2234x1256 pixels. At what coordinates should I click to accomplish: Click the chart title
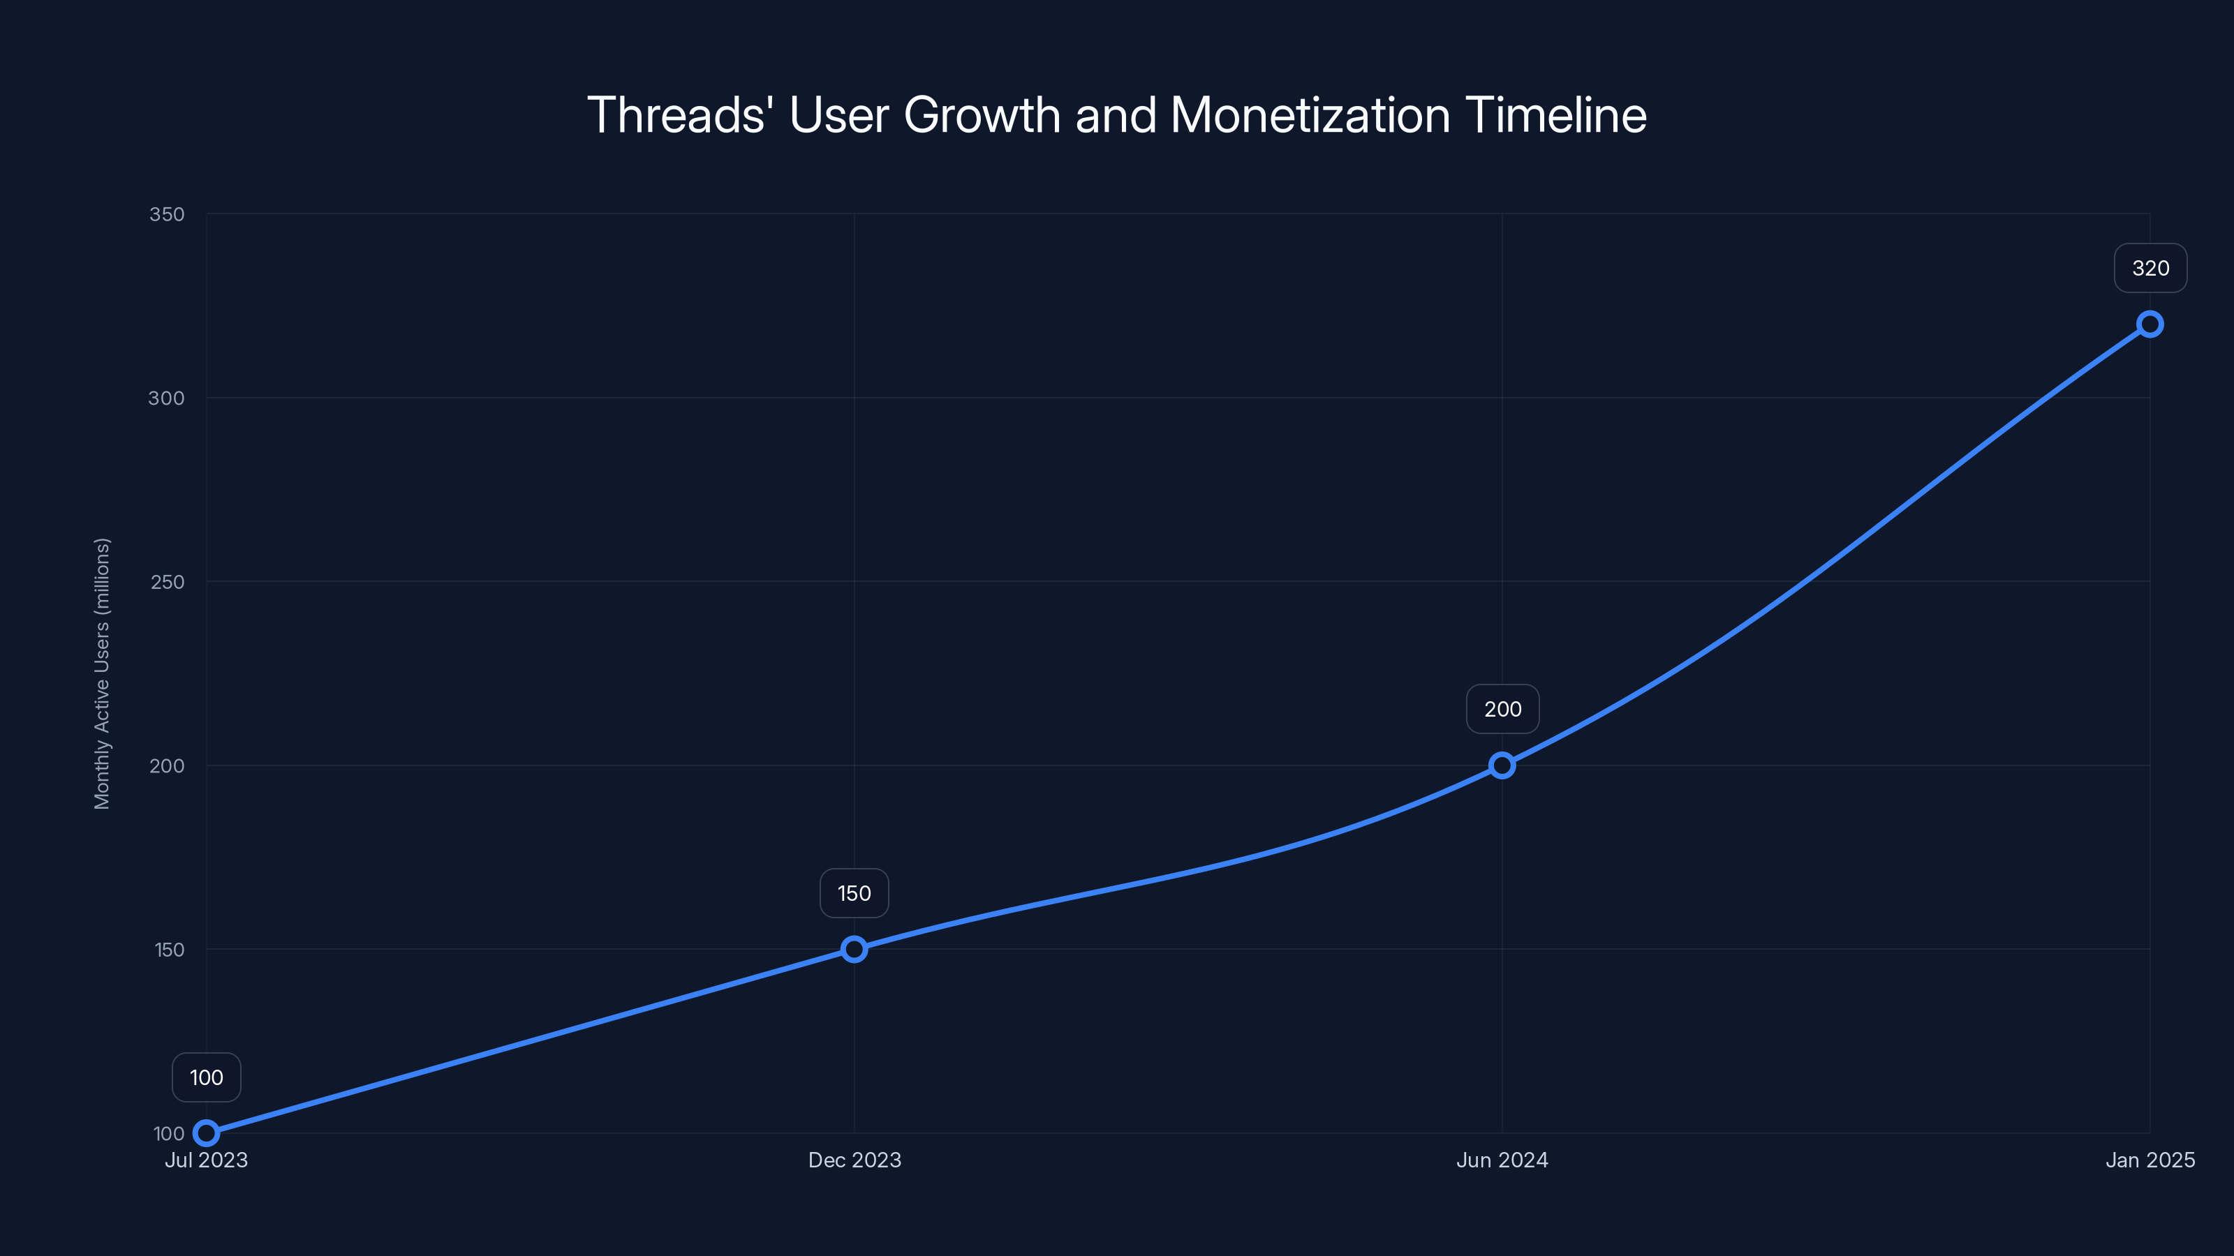1116,114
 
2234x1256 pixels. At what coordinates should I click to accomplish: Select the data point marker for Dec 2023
855,948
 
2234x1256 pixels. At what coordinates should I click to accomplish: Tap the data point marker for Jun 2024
1502,765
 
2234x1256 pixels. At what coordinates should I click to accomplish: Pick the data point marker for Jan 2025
2150,324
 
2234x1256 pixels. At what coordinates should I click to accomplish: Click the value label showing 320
2150,268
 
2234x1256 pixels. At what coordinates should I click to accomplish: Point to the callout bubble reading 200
1502,709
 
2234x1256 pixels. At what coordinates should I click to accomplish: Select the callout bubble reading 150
855,893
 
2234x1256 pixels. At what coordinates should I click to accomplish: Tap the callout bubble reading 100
207,1077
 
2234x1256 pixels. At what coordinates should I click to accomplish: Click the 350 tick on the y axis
167,214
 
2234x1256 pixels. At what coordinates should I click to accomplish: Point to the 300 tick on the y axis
167,398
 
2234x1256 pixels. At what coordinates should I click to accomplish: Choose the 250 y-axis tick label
167,582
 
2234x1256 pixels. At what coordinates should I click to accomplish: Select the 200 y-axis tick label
167,765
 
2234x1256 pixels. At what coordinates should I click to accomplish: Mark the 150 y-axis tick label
168,949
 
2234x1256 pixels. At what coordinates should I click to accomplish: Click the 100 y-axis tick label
168,1133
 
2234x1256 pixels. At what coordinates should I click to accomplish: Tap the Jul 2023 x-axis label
207,1160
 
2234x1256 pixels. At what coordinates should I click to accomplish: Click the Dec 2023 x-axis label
855,1160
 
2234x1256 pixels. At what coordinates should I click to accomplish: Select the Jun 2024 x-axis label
1502,1160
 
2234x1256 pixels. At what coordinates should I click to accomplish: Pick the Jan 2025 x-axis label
2150,1160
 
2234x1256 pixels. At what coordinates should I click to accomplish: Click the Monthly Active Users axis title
103,673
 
